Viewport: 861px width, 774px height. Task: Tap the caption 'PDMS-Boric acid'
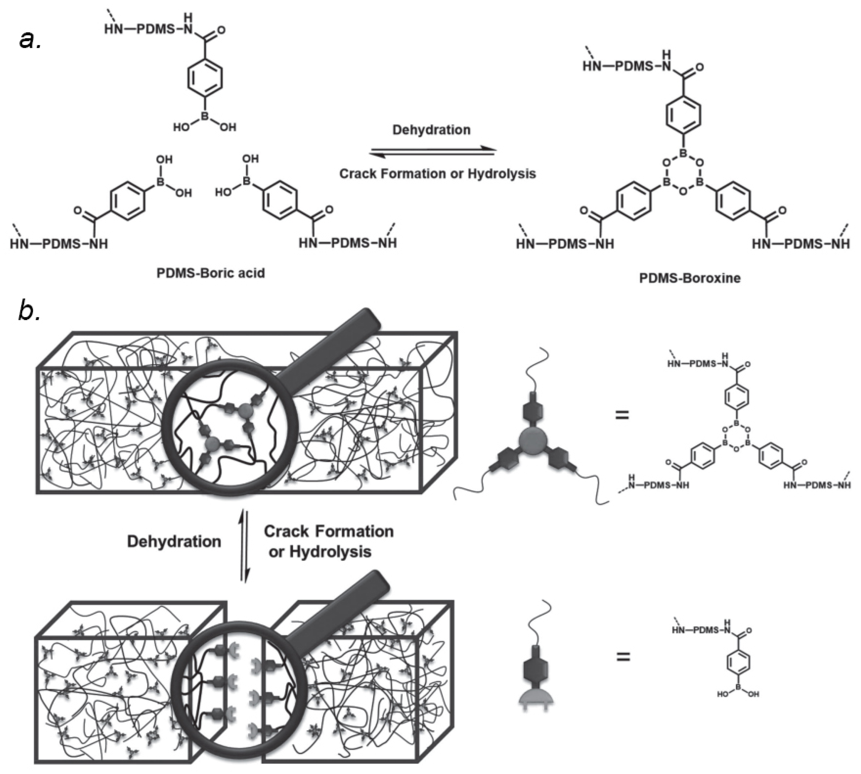(211, 273)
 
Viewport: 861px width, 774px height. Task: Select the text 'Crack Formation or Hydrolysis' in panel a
(437, 174)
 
